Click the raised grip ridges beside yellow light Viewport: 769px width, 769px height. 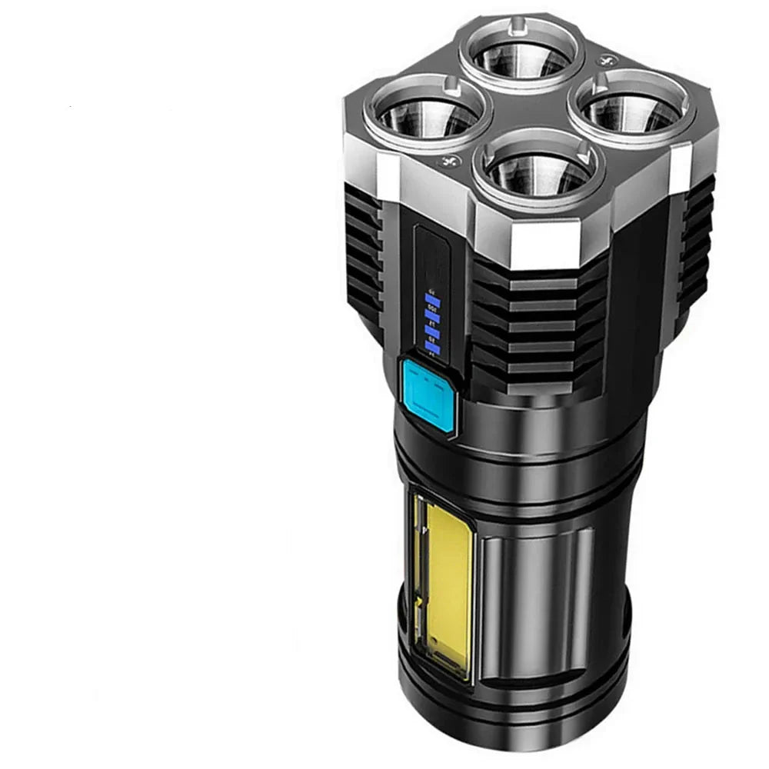point(538,592)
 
